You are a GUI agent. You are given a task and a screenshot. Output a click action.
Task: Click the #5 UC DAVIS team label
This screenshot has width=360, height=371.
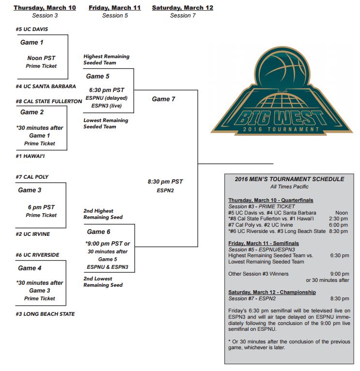tap(31, 29)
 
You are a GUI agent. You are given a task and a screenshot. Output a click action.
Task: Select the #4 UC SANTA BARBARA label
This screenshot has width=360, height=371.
tap(46, 86)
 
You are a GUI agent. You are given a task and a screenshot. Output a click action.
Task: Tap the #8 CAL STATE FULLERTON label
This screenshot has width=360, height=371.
tap(49, 101)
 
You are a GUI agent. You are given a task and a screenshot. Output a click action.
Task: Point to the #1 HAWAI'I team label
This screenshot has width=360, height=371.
tap(30, 156)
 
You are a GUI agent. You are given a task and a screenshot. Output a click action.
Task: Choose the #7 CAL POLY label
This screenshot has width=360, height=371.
tap(32, 177)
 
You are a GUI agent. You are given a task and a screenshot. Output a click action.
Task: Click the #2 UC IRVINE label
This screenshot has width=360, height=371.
tap(32, 234)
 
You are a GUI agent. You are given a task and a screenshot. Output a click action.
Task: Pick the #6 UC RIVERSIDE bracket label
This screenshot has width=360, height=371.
tap(37, 255)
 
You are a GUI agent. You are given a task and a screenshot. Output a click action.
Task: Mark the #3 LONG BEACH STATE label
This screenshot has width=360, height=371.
tap(45, 314)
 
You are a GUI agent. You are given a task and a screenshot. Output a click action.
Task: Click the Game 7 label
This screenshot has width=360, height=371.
tap(164, 99)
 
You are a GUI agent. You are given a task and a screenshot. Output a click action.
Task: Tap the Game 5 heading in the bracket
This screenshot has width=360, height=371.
tap(97, 76)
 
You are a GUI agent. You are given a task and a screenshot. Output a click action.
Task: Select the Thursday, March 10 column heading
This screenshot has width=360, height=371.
tap(45, 8)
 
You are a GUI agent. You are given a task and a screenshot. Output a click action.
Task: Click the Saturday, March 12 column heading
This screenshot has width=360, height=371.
tap(183, 8)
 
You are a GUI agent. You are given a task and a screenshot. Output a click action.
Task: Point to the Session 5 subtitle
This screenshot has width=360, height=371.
tap(115, 15)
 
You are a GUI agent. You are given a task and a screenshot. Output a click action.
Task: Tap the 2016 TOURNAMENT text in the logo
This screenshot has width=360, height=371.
tap(281, 129)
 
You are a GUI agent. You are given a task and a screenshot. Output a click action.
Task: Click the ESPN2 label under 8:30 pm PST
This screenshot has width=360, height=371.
tap(165, 190)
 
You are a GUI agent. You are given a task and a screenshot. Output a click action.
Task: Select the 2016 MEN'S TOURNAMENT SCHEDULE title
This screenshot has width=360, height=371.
tap(289, 179)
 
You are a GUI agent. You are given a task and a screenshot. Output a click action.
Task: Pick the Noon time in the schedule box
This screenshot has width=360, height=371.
tap(342, 213)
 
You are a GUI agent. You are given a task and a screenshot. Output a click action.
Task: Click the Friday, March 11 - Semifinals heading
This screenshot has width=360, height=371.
tap(264, 244)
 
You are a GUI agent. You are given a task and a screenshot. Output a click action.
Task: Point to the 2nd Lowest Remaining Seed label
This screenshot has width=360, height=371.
tap(103, 282)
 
